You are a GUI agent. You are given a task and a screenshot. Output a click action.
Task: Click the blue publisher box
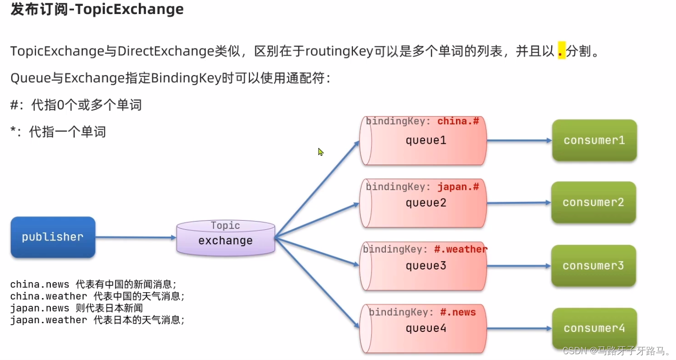(53, 237)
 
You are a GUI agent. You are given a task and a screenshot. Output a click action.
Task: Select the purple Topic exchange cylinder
(225, 238)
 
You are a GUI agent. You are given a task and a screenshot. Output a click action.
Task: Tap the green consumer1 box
(594, 140)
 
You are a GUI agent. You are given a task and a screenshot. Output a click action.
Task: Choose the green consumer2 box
(593, 202)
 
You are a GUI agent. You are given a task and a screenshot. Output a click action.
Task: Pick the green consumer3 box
(593, 266)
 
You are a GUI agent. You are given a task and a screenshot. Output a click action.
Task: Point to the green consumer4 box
(594, 328)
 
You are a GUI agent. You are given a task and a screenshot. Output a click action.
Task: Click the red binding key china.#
(458, 121)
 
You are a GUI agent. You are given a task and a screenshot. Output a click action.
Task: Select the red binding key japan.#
(458, 187)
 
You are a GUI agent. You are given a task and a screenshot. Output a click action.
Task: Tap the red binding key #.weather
(460, 249)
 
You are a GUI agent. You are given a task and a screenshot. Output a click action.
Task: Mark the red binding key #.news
(458, 312)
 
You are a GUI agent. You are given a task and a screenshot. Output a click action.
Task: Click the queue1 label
(426, 140)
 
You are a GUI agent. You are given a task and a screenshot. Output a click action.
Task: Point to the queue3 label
(426, 266)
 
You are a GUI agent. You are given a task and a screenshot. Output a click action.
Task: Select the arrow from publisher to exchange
(136, 237)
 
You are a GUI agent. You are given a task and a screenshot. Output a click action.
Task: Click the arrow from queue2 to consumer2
(518, 203)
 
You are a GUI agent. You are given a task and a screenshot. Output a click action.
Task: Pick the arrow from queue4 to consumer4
(519, 328)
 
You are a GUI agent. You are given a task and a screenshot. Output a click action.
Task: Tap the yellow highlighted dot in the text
(561, 51)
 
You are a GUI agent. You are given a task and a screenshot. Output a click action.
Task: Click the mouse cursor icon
(321, 152)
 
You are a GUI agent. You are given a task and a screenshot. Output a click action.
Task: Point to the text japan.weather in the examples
(48, 320)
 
